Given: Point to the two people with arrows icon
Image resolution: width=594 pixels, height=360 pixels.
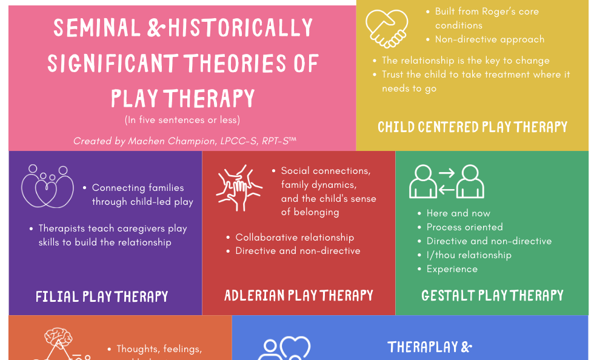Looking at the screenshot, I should point(447,181).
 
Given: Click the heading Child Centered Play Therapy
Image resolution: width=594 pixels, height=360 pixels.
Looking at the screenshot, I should point(472,127).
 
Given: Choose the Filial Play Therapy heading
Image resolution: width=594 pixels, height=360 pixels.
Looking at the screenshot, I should point(102,297).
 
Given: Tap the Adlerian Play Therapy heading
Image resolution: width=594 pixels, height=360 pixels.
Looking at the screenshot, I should point(299,296).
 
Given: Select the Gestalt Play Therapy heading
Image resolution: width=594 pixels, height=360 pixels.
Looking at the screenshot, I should point(492,296).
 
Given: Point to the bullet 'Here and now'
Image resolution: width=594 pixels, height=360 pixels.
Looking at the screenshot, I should point(458,213).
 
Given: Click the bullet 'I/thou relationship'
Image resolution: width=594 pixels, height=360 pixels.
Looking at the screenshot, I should point(469,255).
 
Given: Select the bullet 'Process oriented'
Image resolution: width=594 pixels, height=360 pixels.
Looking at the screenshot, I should point(464,227).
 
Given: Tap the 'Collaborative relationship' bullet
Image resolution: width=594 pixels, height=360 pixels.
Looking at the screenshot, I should point(295,238).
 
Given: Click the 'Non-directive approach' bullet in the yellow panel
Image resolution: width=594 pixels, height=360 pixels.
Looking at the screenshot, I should point(490,39).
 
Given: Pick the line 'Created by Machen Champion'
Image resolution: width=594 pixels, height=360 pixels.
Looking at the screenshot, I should point(184,141).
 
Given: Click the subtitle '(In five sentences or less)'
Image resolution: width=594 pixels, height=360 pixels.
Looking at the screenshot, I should point(182,119).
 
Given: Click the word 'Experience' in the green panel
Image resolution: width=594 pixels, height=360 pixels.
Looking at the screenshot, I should point(452,269).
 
